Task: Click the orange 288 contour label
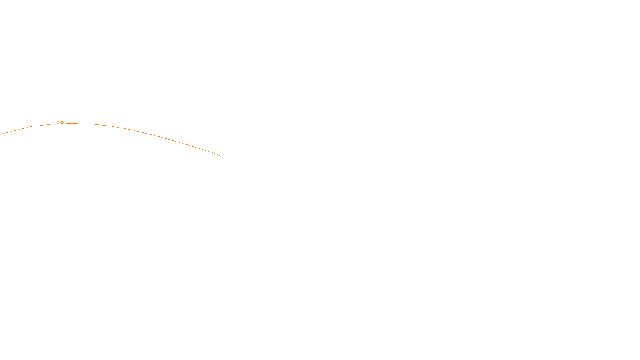click(x=60, y=123)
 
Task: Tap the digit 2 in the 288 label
click(x=58, y=123)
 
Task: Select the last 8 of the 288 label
click(x=63, y=123)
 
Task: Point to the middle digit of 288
click(x=60, y=123)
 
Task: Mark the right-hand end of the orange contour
click(x=222, y=156)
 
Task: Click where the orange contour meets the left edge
click(x=0, y=134)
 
